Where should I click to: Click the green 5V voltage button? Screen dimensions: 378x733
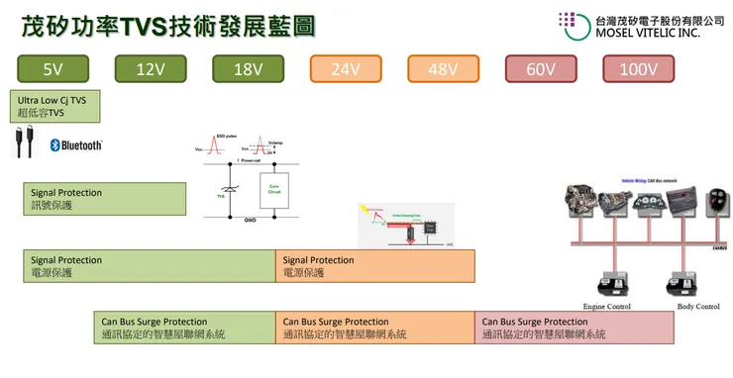[x=52, y=68]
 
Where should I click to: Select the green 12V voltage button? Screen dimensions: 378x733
[x=150, y=68]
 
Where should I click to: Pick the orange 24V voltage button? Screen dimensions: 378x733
[x=345, y=68]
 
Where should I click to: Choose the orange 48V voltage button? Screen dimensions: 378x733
[x=442, y=68]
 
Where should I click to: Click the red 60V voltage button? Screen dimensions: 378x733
[x=540, y=68]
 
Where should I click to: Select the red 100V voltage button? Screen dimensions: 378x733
[x=637, y=68]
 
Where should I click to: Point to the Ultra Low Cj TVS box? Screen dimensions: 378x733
[x=52, y=106]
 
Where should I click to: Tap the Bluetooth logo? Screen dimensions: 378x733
[x=76, y=145]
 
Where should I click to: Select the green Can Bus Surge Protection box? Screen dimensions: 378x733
[x=184, y=328]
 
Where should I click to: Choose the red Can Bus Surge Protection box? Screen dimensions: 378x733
[x=575, y=328]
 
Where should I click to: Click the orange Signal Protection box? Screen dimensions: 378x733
[x=374, y=266]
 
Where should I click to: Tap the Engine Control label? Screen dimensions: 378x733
[x=607, y=307]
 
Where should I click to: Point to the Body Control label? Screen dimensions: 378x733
[x=698, y=307]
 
